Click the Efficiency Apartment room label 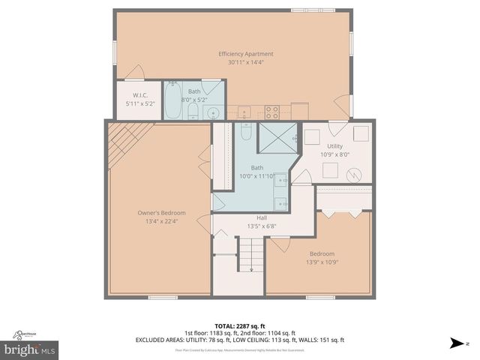(245, 54)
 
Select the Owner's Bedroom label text (160, 213)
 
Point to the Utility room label (334, 146)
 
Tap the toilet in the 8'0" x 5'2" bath (193, 112)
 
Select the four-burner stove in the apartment (272, 113)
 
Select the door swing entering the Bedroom (279, 245)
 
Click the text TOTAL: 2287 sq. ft (240, 325)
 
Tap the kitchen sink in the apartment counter (244, 113)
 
